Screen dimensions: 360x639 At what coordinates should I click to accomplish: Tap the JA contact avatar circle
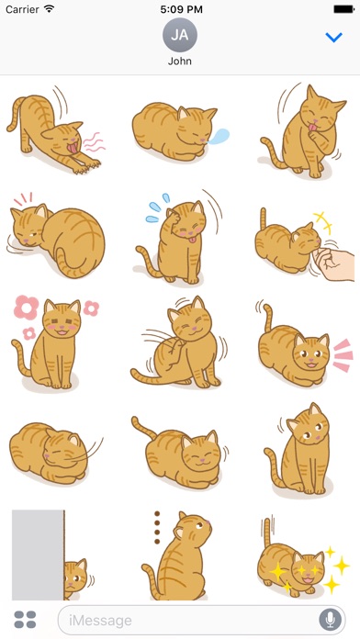180,35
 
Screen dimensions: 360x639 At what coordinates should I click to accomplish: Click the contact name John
180,62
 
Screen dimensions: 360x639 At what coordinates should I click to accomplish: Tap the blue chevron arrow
334,38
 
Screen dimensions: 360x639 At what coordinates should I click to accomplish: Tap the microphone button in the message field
331,621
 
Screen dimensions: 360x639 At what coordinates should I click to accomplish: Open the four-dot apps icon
26,620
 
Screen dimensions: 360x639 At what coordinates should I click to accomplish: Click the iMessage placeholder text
100,621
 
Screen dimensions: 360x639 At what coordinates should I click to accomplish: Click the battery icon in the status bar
343,9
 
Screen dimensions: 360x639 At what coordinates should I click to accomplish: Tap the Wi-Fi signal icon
50,8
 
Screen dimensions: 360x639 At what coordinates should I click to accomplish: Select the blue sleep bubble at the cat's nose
219,136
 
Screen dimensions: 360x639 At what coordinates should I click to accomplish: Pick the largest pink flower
26,308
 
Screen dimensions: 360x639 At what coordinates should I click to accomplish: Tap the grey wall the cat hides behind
38,555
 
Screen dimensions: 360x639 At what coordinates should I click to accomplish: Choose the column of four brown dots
157,527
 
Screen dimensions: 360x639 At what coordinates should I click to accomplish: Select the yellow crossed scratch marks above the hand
323,222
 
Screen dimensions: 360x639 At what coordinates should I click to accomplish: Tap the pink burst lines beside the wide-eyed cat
343,355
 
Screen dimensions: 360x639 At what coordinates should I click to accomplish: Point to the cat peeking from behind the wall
75,579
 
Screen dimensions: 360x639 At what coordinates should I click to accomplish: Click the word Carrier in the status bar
23,9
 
